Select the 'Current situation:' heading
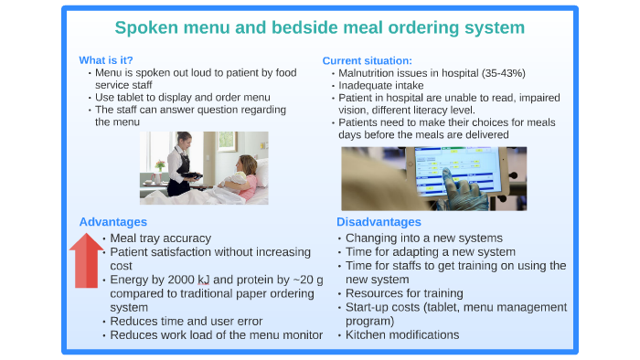pyautogui.click(x=367, y=60)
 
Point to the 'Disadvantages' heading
pyautogui.click(x=379, y=221)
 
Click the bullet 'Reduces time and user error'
pyautogui.click(x=186, y=321)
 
